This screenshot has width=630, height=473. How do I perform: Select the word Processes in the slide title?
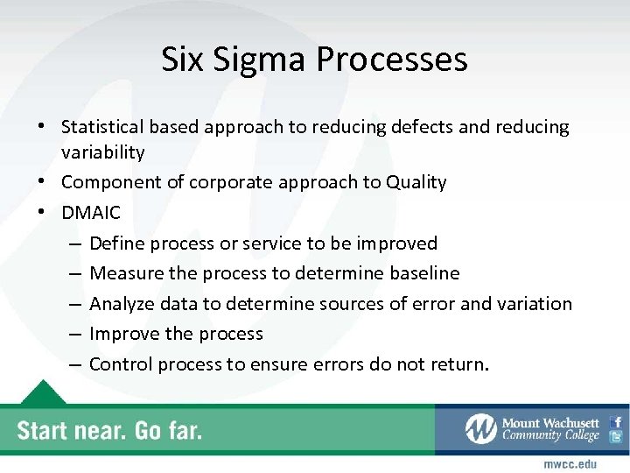392,60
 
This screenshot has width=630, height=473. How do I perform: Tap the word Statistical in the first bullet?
104,127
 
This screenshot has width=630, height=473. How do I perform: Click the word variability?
102,152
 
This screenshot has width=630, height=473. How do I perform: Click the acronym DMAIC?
90,213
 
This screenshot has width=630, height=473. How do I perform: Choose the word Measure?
126,273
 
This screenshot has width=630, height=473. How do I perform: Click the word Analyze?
122,304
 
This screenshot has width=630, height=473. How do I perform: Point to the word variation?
534,304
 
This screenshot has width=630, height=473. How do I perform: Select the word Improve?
123,334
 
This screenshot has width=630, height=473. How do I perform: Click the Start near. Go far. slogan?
109,430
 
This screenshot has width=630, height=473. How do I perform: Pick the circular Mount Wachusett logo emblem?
480,428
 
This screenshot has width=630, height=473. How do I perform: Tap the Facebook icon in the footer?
616,421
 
